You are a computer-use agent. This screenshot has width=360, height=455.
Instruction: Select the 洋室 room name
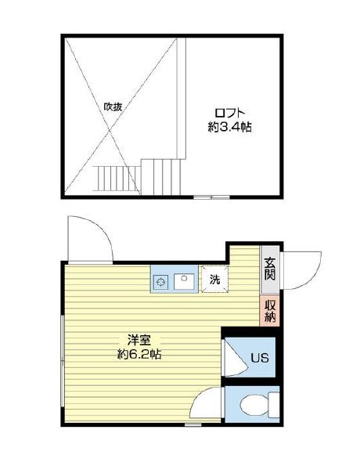pyautogui.click(x=140, y=341)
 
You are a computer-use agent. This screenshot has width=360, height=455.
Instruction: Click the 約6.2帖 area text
pyautogui.click(x=140, y=354)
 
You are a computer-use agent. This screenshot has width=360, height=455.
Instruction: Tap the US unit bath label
pyautogui.click(x=260, y=359)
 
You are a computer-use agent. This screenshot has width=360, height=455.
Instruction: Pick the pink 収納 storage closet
pyautogui.click(x=270, y=311)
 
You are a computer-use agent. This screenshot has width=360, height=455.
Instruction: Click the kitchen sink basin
pyautogui.click(x=184, y=279)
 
